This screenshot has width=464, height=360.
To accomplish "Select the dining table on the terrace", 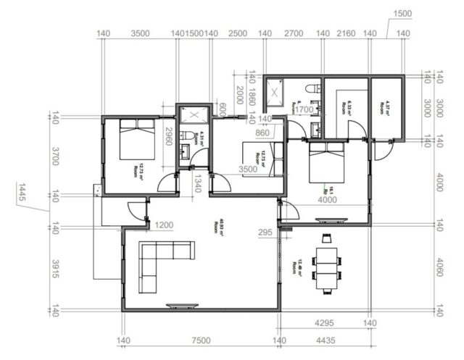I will click(326, 264).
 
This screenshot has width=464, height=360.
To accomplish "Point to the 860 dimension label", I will click(262, 133).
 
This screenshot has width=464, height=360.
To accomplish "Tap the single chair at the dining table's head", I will click(326, 238).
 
